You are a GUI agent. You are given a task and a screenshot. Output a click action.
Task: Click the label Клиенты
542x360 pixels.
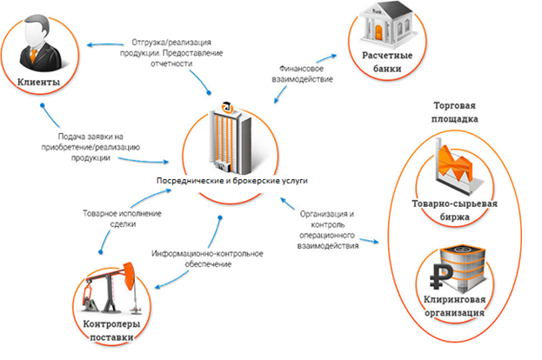click(x=38, y=83)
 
